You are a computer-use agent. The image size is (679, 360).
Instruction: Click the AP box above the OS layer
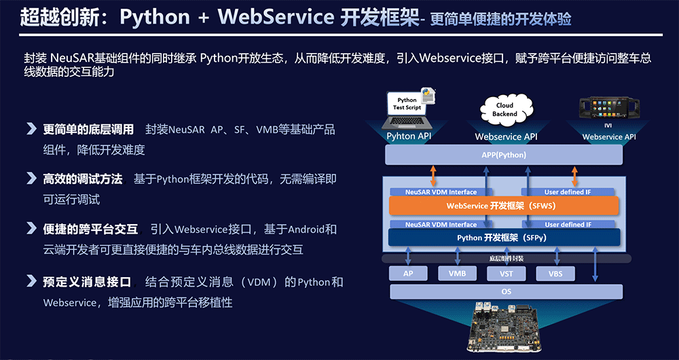[x=408, y=274]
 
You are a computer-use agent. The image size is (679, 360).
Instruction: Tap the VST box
[x=506, y=274]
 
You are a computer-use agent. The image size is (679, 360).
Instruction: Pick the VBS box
[x=555, y=274]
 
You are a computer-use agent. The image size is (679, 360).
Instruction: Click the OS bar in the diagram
[x=506, y=292]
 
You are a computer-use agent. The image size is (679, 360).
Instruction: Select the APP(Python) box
[x=504, y=155]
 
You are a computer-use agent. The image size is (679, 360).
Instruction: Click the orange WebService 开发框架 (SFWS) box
[x=504, y=206]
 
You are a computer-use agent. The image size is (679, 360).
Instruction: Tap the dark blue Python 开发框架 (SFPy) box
[x=504, y=237]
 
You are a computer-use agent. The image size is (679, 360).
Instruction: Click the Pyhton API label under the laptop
[x=409, y=136]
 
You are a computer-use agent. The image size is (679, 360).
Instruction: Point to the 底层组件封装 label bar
[x=506, y=258]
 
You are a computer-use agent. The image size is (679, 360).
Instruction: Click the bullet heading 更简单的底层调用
[x=88, y=129]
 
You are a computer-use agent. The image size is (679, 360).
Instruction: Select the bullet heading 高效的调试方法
[x=83, y=179]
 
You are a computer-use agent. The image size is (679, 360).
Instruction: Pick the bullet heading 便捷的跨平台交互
[x=90, y=229]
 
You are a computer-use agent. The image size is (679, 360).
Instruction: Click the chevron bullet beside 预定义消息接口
[x=31, y=281]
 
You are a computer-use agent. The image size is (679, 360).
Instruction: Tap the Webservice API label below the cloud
[x=506, y=137]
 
